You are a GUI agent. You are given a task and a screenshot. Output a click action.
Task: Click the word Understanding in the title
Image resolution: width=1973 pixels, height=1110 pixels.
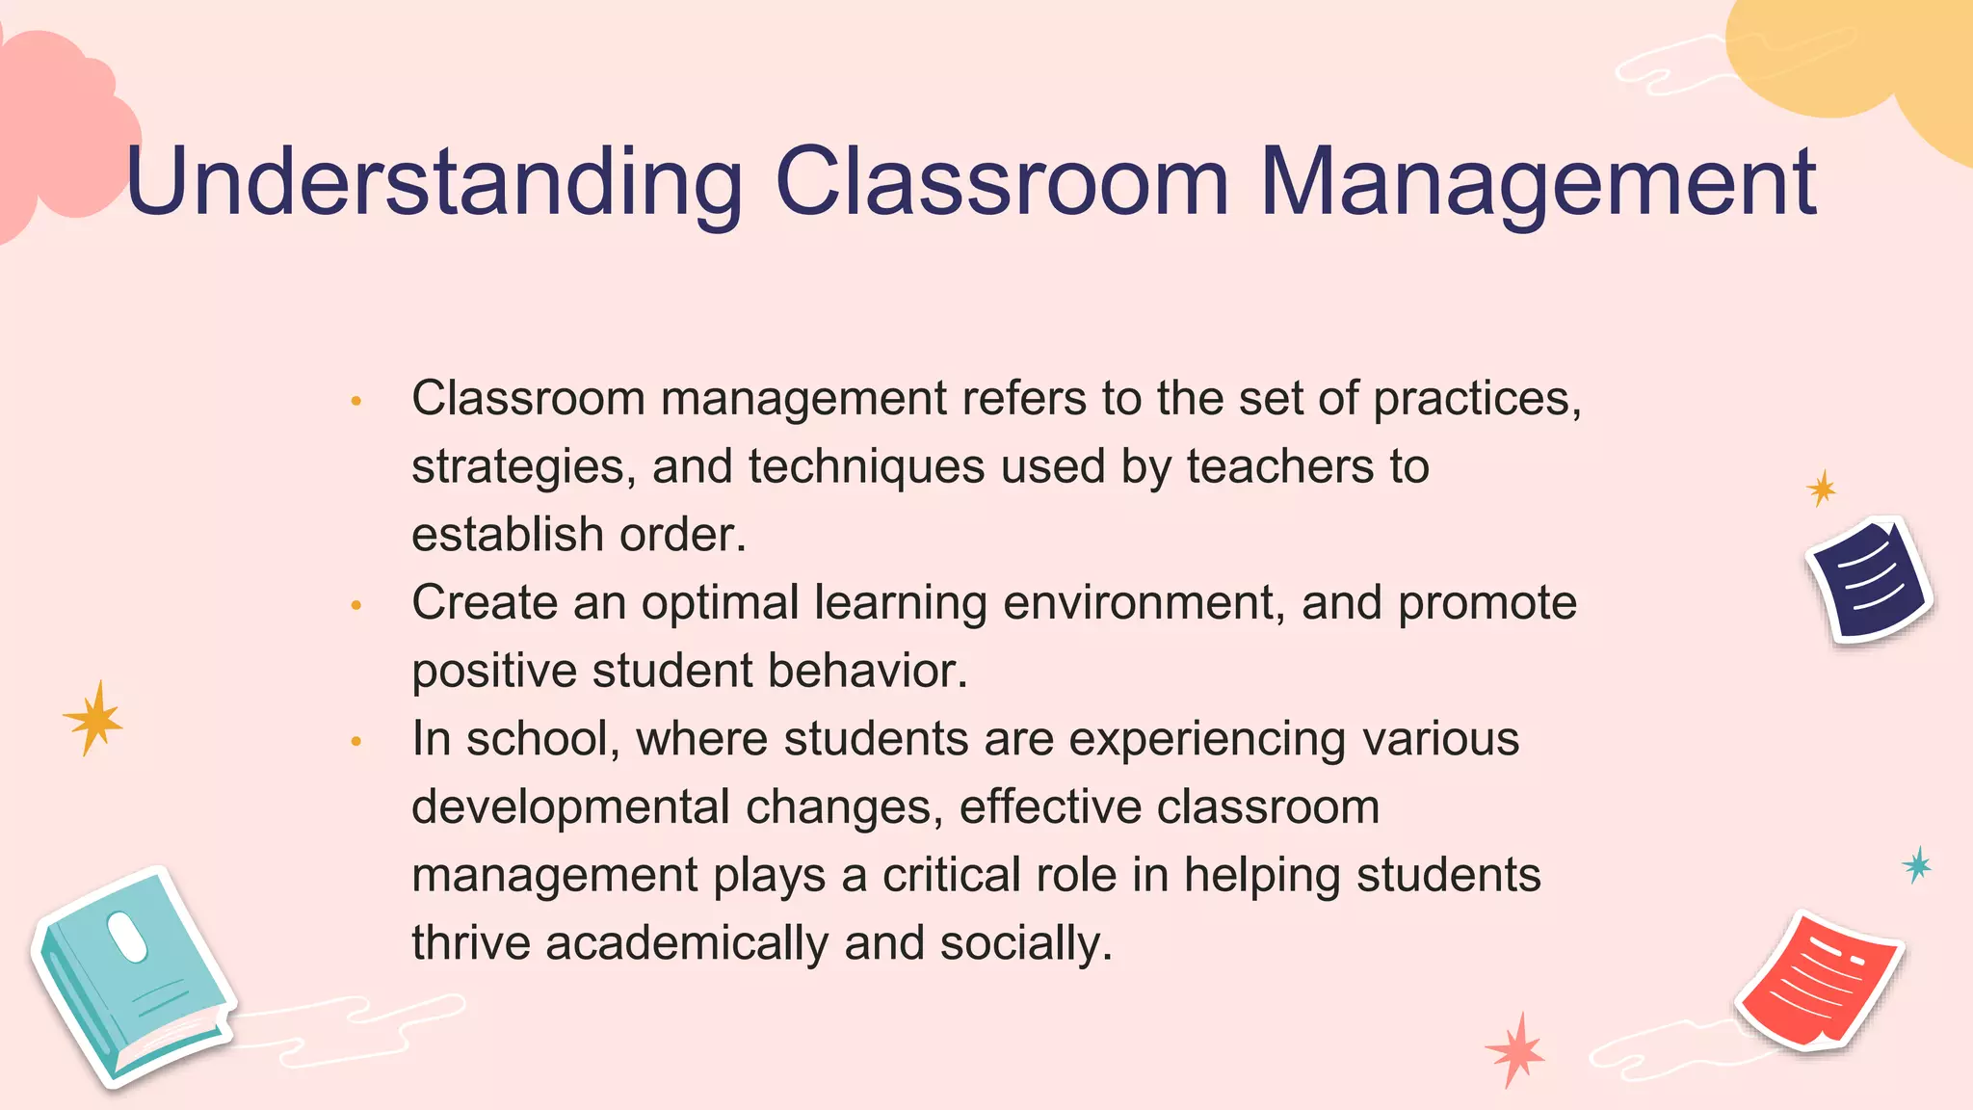[x=434, y=183]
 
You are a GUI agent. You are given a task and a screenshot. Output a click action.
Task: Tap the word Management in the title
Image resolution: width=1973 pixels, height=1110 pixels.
[x=1538, y=183]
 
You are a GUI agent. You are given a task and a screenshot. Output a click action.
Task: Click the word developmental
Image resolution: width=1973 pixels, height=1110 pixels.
[x=570, y=807]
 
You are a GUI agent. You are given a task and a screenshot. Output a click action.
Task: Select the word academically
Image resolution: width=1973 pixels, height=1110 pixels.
[x=687, y=944]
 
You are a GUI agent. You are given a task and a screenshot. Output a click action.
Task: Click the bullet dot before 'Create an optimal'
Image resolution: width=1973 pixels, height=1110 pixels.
[x=356, y=606]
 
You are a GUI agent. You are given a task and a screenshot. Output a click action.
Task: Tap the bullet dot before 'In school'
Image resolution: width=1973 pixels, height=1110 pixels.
[x=356, y=742]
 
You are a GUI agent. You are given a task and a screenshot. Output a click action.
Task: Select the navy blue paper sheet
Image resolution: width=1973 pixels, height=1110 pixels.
[x=1869, y=581]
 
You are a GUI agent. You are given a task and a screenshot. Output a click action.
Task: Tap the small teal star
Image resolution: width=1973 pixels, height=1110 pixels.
[x=1917, y=865]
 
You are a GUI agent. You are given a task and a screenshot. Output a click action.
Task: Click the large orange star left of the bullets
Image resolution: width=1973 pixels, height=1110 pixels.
[x=94, y=719]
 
